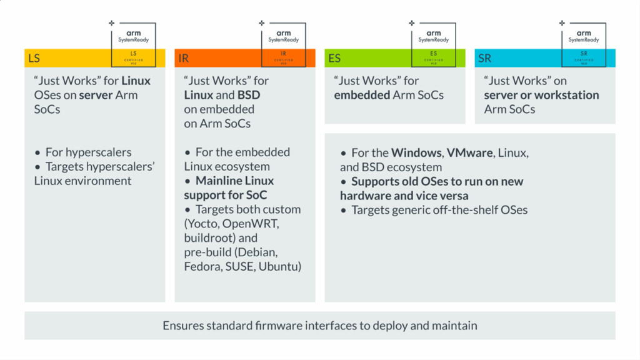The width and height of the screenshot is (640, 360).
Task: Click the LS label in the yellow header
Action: pyautogui.click(x=34, y=58)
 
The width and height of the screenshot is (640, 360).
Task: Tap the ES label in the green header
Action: pyautogui.click(x=334, y=58)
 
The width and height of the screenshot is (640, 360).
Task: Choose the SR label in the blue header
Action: pyautogui.click(x=485, y=58)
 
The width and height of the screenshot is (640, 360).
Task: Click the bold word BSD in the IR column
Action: pyautogui.click(x=248, y=95)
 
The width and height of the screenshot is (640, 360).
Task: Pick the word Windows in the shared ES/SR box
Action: pyautogui.click(x=416, y=152)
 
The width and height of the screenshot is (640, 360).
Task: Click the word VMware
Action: pyautogui.click(x=469, y=152)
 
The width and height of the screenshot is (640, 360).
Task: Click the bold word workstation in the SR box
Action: pyautogui.click(x=564, y=95)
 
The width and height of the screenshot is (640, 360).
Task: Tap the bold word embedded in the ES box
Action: pyautogui.click(x=361, y=95)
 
